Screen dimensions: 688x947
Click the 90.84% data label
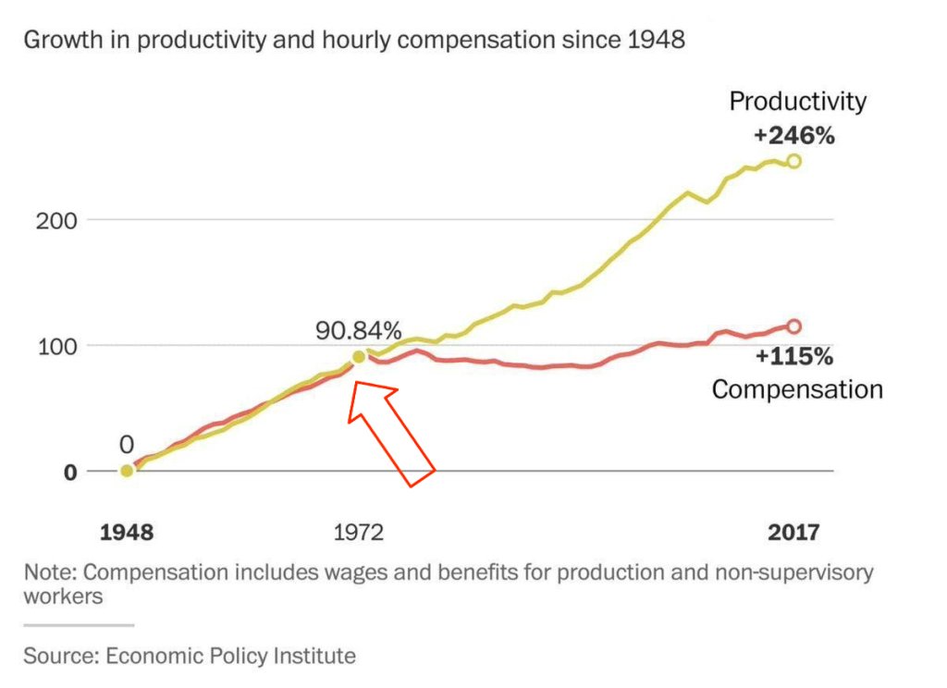[x=359, y=331]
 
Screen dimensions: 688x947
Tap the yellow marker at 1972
[x=360, y=357]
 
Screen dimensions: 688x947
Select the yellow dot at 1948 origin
[x=127, y=471]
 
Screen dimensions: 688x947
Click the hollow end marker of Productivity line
[x=793, y=161]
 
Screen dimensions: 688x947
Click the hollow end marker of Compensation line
[x=793, y=326]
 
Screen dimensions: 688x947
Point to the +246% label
[x=793, y=135]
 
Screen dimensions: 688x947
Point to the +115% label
[x=793, y=356]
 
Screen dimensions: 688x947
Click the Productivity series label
[x=797, y=102]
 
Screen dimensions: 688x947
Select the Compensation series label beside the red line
[x=797, y=389]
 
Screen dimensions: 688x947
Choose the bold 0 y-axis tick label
[x=70, y=472]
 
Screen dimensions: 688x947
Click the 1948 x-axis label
[x=127, y=534]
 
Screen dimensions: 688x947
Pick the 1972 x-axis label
[x=358, y=534]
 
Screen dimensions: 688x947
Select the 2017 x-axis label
[x=793, y=534]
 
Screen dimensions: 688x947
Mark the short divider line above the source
[x=79, y=625]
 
